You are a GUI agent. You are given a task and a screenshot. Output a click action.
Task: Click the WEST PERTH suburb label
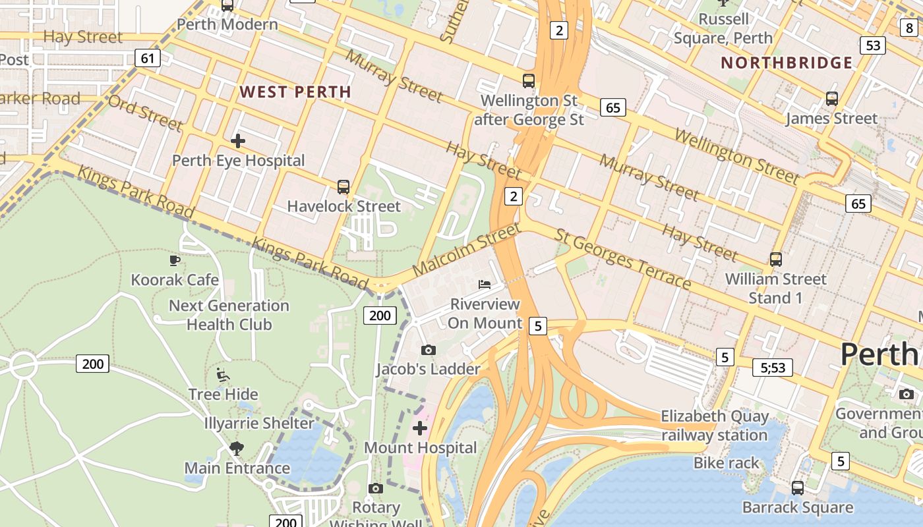(295, 92)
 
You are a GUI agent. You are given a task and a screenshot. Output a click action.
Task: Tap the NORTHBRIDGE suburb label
(787, 63)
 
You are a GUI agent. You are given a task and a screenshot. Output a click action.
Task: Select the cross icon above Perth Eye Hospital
(238, 140)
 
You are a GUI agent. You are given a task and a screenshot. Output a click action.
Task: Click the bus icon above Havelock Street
(343, 186)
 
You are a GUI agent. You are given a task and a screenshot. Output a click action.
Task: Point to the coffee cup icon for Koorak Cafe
(175, 260)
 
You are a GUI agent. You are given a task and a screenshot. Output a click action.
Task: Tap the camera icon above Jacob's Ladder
(428, 350)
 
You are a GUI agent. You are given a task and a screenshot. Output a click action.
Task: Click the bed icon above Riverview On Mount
(485, 285)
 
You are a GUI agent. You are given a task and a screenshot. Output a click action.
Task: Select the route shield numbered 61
(148, 58)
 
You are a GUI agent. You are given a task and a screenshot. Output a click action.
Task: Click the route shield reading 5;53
(773, 368)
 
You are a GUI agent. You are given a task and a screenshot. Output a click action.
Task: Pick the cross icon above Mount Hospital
(420, 429)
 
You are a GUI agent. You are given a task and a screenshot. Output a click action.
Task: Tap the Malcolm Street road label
(466, 250)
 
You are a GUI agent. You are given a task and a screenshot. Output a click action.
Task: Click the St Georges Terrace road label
(622, 259)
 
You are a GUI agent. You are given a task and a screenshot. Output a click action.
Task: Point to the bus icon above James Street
(831, 99)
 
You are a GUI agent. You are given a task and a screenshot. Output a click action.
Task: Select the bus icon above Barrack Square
(798, 488)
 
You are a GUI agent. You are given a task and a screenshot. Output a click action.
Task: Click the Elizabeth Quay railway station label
(715, 426)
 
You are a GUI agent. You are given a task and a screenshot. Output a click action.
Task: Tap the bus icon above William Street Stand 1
(775, 260)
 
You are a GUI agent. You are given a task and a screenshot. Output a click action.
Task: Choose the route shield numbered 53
(872, 45)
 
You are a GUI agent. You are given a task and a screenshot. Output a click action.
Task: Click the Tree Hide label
(223, 395)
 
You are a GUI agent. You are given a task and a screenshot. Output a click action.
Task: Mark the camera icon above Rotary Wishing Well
(376, 488)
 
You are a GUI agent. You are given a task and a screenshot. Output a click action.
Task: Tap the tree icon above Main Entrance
(237, 449)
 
